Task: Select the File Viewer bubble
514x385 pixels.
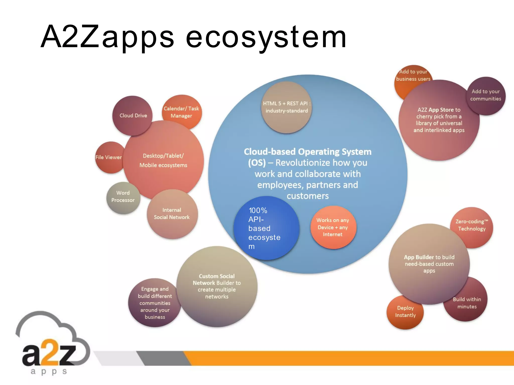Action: point(109,157)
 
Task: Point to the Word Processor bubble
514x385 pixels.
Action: point(123,197)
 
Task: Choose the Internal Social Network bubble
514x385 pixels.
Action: point(172,214)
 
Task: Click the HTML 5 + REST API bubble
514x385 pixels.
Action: point(286,107)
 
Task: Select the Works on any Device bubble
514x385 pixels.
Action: point(333,227)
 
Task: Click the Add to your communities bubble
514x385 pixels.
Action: point(486,95)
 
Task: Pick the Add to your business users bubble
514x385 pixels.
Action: point(413,75)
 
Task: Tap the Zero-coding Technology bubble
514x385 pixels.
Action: point(472,225)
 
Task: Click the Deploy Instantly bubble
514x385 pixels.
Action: point(405,312)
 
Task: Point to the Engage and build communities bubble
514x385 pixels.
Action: point(154,303)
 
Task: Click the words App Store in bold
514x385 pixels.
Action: point(441,110)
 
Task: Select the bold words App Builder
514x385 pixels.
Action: point(419,257)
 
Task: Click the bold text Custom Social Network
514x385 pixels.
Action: point(216,279)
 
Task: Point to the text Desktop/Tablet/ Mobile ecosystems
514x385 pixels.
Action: point(163,160)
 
